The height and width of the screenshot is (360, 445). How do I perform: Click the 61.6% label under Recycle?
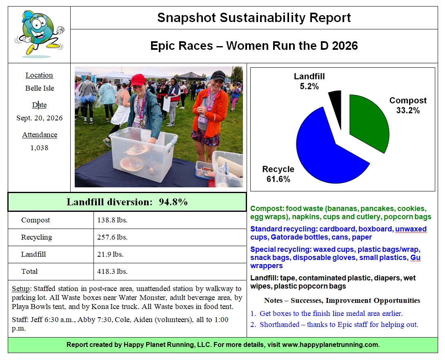(x=278, y=179)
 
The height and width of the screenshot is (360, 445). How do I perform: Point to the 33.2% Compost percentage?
(x=408, y=110)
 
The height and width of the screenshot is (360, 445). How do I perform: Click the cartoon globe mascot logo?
(x=39, y=33)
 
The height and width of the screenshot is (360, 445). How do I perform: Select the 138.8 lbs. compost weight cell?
(x=112, y=220)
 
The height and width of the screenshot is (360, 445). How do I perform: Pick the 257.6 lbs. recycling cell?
(x=112, y=237)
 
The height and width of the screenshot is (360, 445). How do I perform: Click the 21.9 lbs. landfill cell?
(x=110, y=254)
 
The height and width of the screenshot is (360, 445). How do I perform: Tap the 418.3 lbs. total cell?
(x=112, y=271)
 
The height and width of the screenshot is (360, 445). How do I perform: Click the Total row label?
(x=29, y=271)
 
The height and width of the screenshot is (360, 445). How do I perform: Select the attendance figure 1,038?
(x=40, y=148)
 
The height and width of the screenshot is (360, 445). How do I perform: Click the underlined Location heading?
(x=39, y=75)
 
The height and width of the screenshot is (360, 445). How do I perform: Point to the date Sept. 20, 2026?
(x=40, y=118)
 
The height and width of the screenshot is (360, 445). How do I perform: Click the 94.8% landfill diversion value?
(x=173, y=202)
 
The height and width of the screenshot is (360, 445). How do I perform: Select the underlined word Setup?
(x=20, y=289)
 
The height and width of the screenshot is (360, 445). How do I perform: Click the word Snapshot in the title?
(x=187, y=18)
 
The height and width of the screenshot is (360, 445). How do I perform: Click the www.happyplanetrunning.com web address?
(x=331, y=344)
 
